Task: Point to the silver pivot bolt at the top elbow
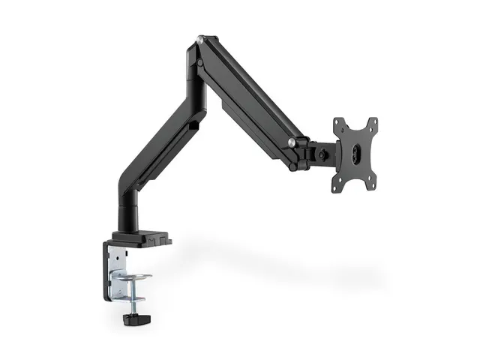199,39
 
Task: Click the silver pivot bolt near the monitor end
291,142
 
